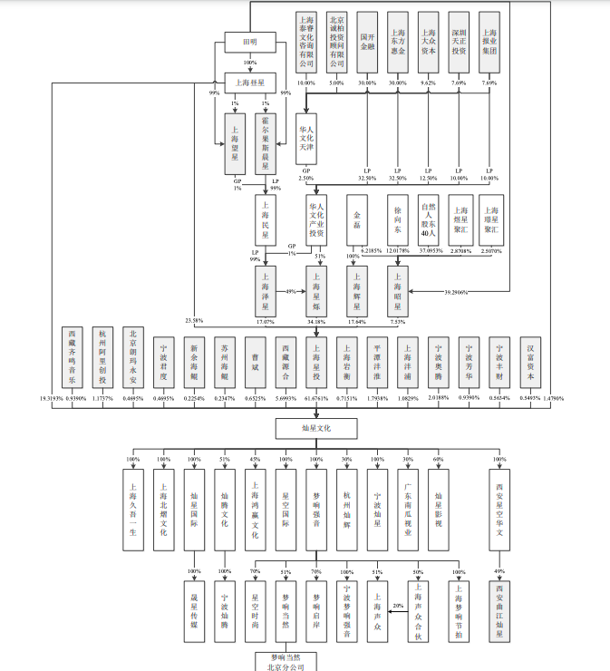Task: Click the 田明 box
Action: point(249,43)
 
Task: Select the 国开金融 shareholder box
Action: point(366,43)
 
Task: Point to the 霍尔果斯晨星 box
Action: point(265,143)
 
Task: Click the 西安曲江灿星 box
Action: point(500,610)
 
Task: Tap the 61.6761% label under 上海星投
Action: point(315,399)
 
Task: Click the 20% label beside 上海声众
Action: point(397,605)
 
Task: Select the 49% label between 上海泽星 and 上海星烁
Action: point(291,291)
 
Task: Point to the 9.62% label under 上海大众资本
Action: point(428,83)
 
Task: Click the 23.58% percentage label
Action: point(194,320)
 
